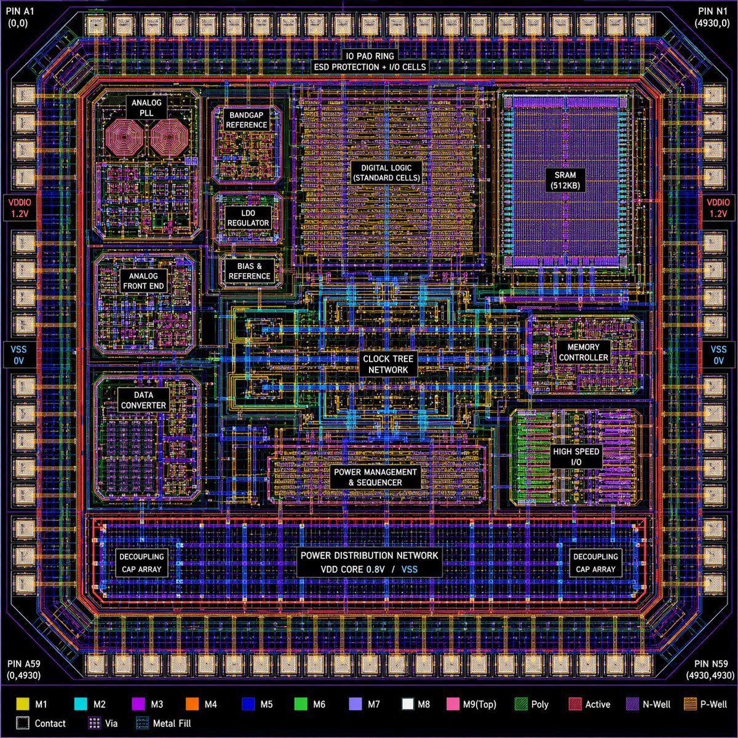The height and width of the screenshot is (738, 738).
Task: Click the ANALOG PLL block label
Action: click(x=146, y=108)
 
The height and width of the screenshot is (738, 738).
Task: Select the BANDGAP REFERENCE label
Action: click(x=247, y=120)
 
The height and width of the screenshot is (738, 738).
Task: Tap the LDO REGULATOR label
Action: click(x=248, y=218)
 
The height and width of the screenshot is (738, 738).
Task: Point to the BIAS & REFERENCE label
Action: click(x=249, y=271)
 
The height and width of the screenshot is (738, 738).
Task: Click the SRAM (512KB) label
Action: click(x=565, y=180)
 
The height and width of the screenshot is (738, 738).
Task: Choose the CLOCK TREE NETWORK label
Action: click(x=388, y=364)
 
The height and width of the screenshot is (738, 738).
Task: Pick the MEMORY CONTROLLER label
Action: click(x=583, y=352)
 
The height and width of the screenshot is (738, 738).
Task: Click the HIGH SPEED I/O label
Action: click(x=576, y=457)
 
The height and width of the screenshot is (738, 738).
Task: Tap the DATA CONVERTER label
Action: click(x=143, y=400)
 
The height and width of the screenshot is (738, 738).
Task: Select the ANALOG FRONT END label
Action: click(x=143, y=281)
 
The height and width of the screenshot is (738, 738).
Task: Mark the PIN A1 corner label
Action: click(x=21, y=17)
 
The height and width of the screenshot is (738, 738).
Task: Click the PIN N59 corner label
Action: click(x=711, y=670)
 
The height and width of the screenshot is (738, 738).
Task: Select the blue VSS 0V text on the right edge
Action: click(x=718, y=355)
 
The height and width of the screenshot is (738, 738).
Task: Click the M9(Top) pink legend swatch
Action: click(x=453, y=704)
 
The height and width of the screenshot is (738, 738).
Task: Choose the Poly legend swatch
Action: click(x=521, y=704)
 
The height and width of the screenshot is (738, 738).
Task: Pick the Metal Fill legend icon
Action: click(x=142, y=723)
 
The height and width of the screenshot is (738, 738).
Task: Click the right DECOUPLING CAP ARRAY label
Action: click(x=595, y=563)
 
